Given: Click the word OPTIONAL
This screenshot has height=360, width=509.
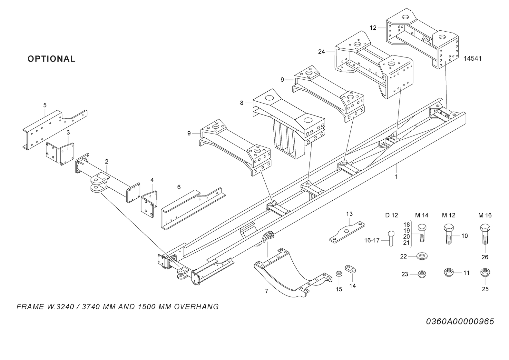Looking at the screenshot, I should [52, 59].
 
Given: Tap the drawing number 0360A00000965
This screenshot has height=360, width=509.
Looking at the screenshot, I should [460, 322].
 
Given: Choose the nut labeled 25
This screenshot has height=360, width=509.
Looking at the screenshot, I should [484, 273].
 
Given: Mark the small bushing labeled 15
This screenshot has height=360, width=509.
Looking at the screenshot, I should [338, 274].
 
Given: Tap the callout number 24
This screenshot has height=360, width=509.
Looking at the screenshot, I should [321, 52].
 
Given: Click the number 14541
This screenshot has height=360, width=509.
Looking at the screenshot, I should [472, 59].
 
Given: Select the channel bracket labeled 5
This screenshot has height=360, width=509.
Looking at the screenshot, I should [52, 129].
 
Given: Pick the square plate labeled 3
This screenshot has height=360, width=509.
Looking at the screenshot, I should [60, 152].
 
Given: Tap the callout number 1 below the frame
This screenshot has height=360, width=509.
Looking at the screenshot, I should [396, 177].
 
